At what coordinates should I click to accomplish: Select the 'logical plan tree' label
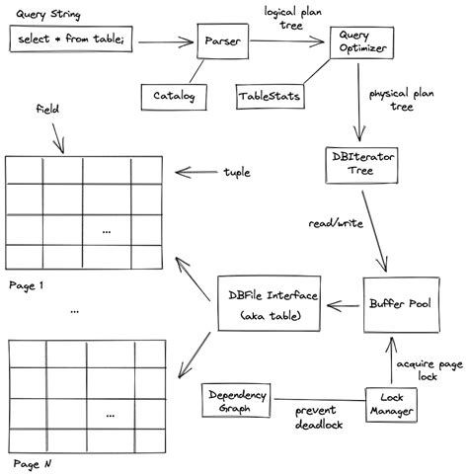pyautogui.click(x=296, y=17)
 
